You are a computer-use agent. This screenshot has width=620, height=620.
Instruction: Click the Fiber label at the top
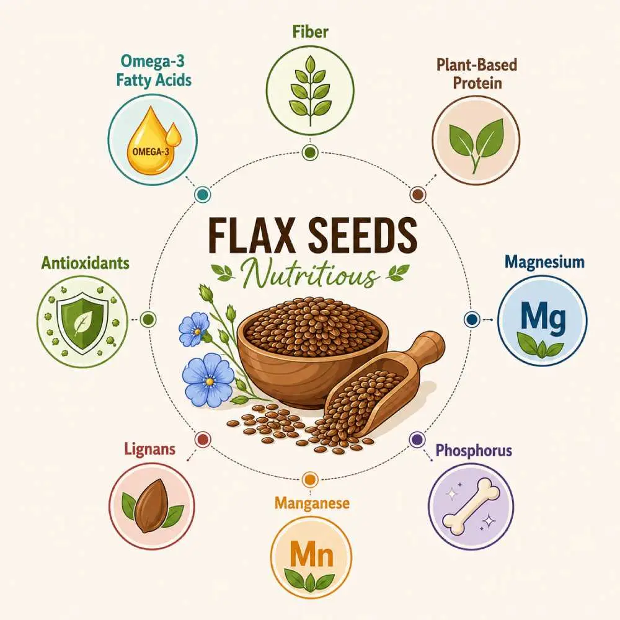311,32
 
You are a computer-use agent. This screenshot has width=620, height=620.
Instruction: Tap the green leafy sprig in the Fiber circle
311,90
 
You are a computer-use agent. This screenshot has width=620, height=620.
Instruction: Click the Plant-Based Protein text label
477,74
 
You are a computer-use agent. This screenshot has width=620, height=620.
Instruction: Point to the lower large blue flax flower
209,381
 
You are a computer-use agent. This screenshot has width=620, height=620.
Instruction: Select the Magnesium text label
544,262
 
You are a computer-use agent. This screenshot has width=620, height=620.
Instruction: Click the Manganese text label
312,503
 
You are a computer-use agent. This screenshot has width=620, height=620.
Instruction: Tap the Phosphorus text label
474,450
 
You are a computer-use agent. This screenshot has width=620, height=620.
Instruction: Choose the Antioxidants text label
85,263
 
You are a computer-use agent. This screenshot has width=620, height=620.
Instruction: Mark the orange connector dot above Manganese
310,480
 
